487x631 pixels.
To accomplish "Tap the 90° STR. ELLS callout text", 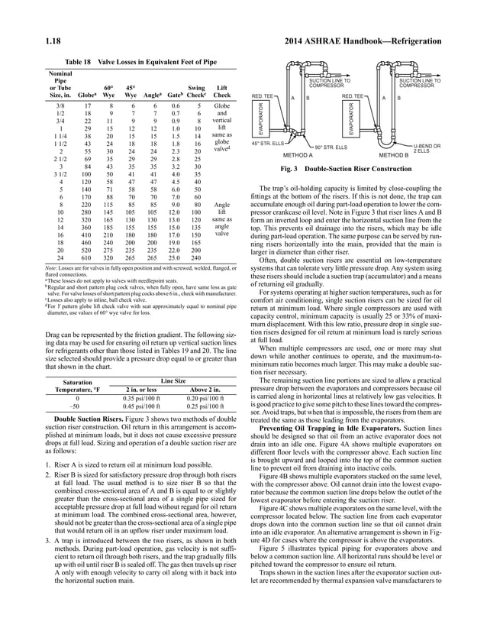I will pos(331,146).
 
